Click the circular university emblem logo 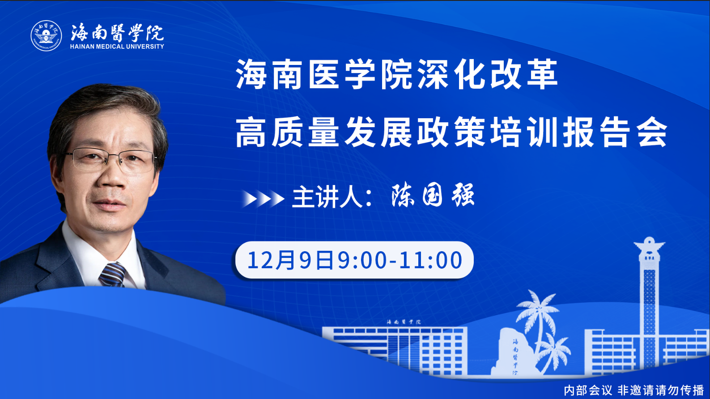(46, 35)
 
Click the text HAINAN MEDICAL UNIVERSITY (117, 47)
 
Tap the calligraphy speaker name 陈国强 (433, 196)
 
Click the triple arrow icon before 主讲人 (263, 199)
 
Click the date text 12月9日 (290, 260)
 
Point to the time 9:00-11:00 (400, 260)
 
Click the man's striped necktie (113, 275)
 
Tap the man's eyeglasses (111, 160)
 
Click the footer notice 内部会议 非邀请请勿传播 (633, 390)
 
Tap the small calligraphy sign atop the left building (404, 322)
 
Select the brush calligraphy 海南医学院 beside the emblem (117, 32)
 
